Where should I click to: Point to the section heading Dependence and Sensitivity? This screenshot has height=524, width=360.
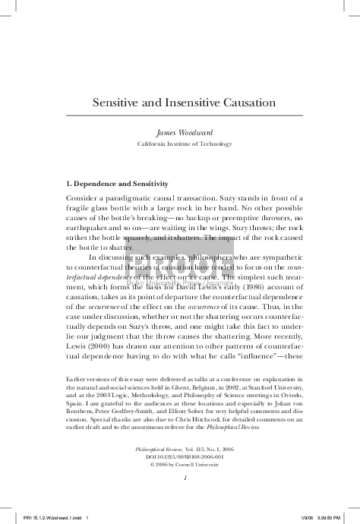(127, 184)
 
